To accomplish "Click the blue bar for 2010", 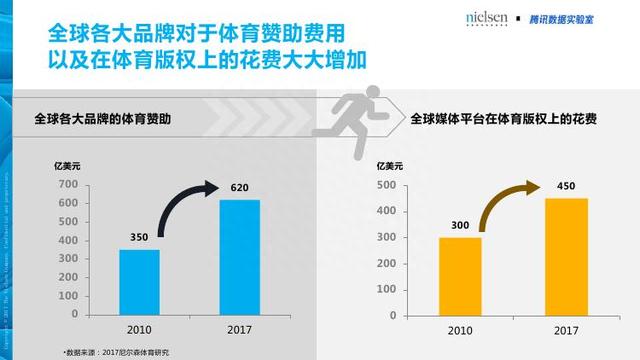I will click(139, 283).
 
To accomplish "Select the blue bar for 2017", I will click(239, 258).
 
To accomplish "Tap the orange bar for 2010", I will click(460, 277).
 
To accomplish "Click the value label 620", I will click(240, 187).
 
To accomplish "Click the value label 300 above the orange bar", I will click(460, 226).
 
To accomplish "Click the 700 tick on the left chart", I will click(67, 185).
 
